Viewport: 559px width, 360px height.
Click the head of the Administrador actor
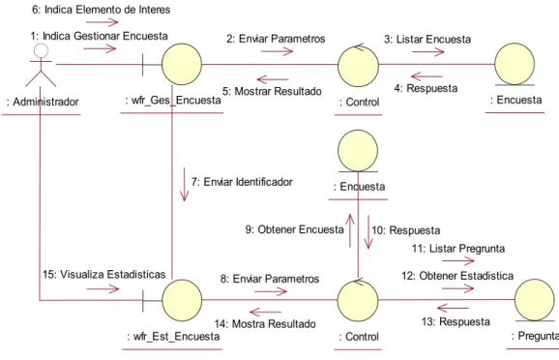click(x=41, y=50)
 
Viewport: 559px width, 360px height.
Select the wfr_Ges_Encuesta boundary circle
click(x=182, y=64)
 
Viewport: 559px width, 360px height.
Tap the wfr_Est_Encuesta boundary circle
click(x=182, y=300)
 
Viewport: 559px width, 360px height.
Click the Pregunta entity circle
click(x=535, y=300)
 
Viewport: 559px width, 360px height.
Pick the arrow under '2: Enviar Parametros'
click(x=277, y=51)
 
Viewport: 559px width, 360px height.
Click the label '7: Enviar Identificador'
click(x=242, y=182)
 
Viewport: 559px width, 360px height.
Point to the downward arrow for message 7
click(x=185, y=185)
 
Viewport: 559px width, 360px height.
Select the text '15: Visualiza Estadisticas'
click(x=104, y=275)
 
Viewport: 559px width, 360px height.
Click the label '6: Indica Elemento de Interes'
click(x=102, y=10)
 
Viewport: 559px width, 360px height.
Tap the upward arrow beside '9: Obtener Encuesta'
click(x=350, y=230)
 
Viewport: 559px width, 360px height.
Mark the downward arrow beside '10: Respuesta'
click(x=368, y=232)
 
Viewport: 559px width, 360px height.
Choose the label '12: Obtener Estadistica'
click(x=457, y=276)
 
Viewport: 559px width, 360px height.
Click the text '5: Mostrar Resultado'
click(x=272, y=91)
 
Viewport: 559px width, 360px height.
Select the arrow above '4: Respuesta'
click(x=427, y=76)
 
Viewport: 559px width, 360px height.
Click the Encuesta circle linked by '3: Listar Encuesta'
click(x=515, y=64)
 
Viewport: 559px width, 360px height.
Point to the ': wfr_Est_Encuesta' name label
click(x=173, y=337)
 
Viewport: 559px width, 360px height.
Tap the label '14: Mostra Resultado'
click(x=265, y=324)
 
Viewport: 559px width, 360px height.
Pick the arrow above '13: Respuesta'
click(x=454, y=308)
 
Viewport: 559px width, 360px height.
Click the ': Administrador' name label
click(x=43, y=102)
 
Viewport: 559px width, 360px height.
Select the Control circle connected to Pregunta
click(x=358, y=301)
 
